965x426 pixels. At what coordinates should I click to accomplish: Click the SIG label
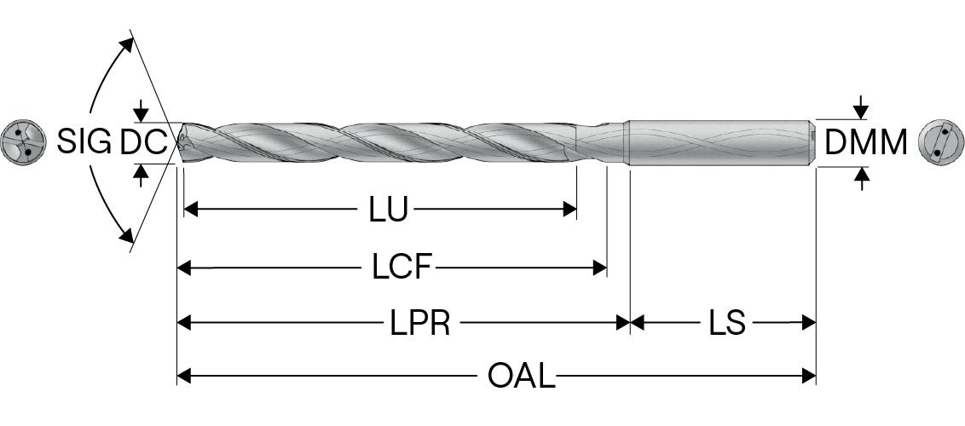pyautogui.click(x=84, y=141)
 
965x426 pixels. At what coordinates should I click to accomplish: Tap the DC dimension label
pyautogui.click(x=142, y=142)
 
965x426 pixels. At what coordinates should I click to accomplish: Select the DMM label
pyautogui.click(x=866, y=142)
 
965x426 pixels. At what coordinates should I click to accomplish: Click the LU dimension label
pyautogui.click(x=388, y=210)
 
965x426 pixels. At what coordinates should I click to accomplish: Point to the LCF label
pyautogui.click(x=402, y=268)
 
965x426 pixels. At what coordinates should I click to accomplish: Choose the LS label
pyautogui.click(x=726, y=323)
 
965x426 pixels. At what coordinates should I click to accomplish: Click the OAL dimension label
pyautogui.click(x=521, y=375)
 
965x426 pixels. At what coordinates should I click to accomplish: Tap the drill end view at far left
pyautogui.click(x=22, y=141)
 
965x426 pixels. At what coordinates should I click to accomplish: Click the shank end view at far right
pyautogui.click(x=939, y=141)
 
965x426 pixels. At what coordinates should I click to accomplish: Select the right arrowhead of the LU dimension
pyautogui.click(x=571, y=210)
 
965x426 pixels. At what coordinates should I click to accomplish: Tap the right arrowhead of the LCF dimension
pyautogui.click(x=600, y=268)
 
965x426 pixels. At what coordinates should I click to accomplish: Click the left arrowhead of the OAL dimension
pyautogui.click(x=183, y=375)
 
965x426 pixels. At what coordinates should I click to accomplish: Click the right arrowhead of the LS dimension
pyautogui.click(x=810, y=323)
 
